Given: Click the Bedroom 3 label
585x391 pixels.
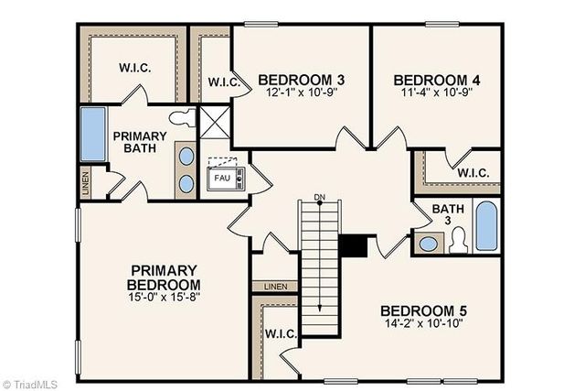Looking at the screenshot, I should [x=294, y=79].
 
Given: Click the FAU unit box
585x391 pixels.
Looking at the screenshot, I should [x=221, y=178].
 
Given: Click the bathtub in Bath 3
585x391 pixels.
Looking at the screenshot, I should [x=484, y=229].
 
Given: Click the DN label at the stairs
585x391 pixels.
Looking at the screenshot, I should [x=319, y=197].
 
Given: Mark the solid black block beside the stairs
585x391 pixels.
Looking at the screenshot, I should [x=353, y=245].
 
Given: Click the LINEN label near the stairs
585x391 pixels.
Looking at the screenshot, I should [x=275, y=287].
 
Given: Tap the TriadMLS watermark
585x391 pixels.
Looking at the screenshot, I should [x=30, y=384].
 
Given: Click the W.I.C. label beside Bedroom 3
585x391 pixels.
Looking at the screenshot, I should [x=224, y=82].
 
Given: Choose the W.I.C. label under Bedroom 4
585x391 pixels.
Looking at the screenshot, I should [x=472, y=172].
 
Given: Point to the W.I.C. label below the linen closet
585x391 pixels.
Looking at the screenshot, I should [x=281, y=334].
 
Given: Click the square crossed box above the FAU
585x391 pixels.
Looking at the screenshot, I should [x=212, y=122].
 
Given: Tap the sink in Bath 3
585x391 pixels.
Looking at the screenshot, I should [x=427, y=244].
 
